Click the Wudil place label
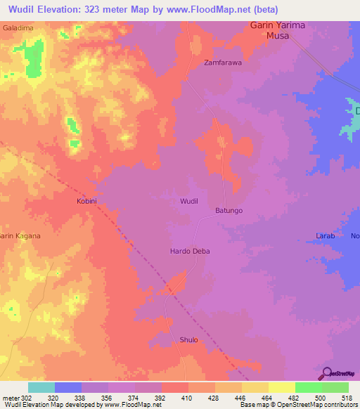pos(189,201)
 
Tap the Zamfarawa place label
pos(223,62)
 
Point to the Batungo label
pos(229,210)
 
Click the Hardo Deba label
pos(190,251)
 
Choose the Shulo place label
pos(188,339)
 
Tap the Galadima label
pos(18,27)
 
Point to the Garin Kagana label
pos(20,236)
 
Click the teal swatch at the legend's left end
pos(41,387)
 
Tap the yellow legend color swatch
pos(281,387)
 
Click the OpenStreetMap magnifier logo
pos(326,372)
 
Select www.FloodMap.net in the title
pos(212,10)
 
